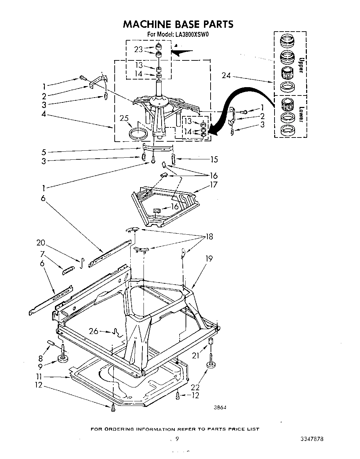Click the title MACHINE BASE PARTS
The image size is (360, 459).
(178, 24)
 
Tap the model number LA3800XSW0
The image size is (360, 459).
(192, 34)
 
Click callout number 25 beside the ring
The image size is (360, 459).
(124, 119)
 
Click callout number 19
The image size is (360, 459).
(209, 259)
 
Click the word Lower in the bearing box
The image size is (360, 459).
(301, 115)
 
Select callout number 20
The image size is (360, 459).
(41, 243)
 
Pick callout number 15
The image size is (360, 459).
(214, 159)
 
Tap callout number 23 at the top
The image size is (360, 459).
(138, 49)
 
